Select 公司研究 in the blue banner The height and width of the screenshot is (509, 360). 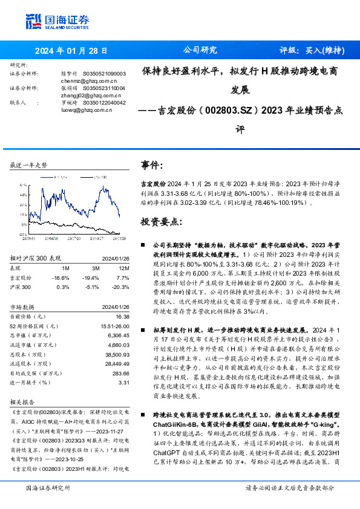[200, 51]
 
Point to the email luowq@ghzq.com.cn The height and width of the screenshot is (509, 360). [85, 110]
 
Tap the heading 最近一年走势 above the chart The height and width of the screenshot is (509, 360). [30, 165]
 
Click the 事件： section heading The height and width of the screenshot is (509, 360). [152, 166]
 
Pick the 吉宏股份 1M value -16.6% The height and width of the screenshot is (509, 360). [62, 277]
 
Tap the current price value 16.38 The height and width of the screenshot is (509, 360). [122, 316]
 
